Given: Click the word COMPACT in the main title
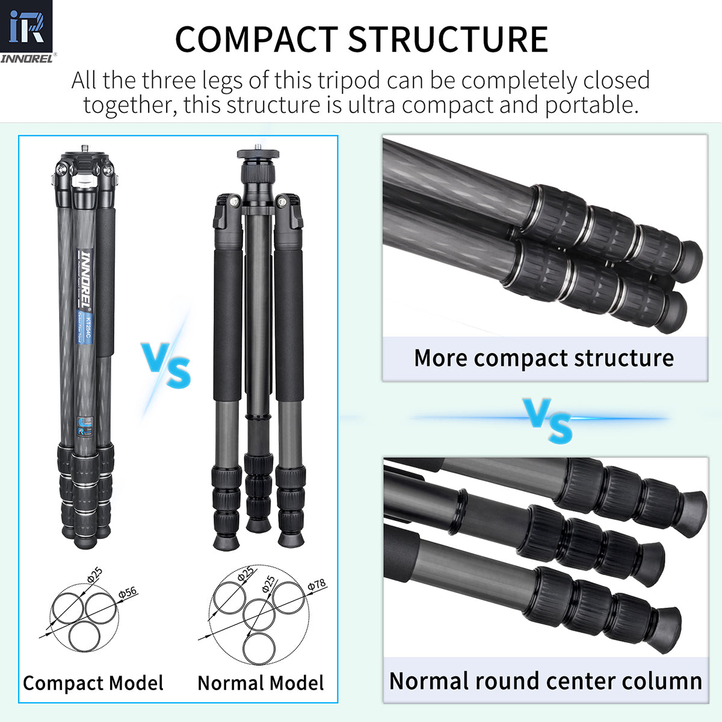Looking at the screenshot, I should pos(256,40).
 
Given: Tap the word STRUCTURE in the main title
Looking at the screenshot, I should pos(448,40).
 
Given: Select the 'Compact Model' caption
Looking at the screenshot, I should pos(93,683).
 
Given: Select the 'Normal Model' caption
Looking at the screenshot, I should pos(261,683).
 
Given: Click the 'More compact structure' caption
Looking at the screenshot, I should pos(544,358).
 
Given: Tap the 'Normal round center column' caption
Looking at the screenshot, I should pos(546,681).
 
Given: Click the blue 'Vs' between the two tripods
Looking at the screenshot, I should pos(166,365).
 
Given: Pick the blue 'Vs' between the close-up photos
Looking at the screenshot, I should pos(547,421).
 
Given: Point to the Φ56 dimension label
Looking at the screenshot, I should pos(128,593).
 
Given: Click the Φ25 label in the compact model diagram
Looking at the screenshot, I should pos(95,575).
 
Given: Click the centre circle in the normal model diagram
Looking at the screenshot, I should pos(259,614).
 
